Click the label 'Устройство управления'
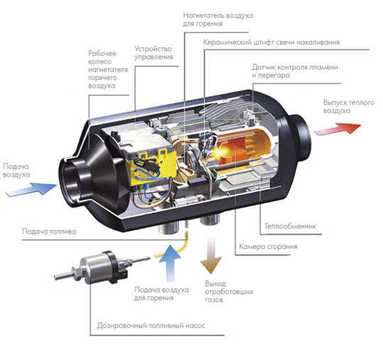point(153,53)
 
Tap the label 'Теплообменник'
point(290,226)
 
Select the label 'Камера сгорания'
point(268,247)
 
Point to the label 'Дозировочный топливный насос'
point(151,325)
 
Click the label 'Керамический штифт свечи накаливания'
point(272,43)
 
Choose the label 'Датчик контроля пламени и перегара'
point(295,71)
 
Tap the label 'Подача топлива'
point(49,231)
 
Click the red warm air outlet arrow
point(338,129)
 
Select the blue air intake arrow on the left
point(31,189)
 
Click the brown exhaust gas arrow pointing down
point(211,254)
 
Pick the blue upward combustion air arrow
point(170,263)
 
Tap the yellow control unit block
point(153,164)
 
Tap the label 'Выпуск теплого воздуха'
point(349,106)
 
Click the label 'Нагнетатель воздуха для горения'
point(218,20)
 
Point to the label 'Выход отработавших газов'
point(229,291)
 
